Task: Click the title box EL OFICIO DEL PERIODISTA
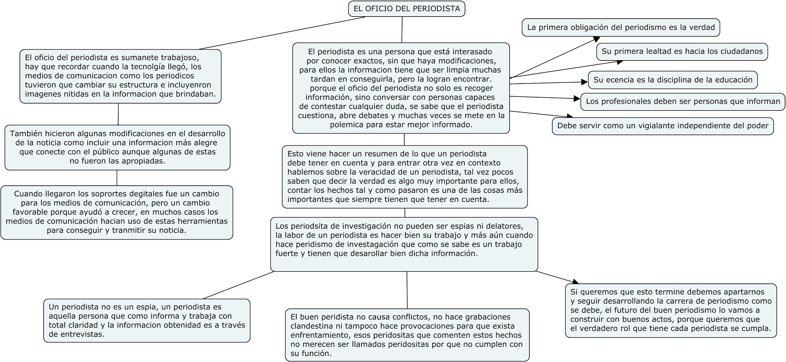click(406, 8)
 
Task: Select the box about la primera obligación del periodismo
click(621, 27)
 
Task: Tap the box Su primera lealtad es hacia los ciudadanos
click(682, 51)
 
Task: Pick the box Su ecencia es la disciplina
click(673, 80)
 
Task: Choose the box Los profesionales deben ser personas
click(683, 101)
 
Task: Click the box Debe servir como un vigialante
click(662, 126)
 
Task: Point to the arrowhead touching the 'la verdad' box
click(596, 39)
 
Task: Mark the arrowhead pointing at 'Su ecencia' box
click(585, 82)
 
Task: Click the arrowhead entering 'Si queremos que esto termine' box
click(575, 281)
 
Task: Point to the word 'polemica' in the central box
click(344, 125)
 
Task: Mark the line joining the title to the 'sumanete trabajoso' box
click(281, 33)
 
